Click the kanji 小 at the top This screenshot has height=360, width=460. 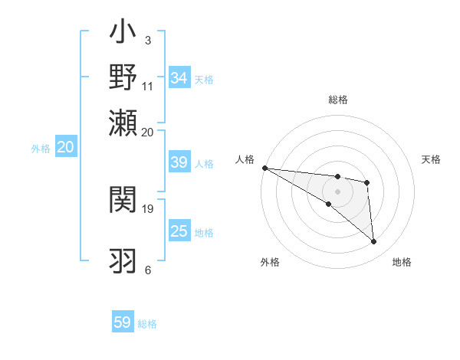[123, 34]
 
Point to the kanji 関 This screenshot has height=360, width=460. [123, 201]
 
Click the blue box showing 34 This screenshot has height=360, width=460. [179, 78]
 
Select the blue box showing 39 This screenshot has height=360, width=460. [179, 162]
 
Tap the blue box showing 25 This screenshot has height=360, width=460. [179, 231]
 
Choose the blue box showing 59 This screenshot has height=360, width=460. [123, 322]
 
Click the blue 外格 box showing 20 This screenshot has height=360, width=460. [65, 148]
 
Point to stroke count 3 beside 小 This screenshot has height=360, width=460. [148, 40]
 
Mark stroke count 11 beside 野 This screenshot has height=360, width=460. [148, 86]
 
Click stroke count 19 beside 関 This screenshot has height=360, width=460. [148, 208]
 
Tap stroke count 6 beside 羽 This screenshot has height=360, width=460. [148, 270]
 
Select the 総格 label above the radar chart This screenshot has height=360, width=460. [337, 100]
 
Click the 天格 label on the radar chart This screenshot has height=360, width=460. [432, 159]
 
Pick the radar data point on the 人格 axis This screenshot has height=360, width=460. [264, 168]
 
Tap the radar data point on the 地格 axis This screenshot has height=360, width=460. [374, 242]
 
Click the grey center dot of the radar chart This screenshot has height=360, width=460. [337, 191]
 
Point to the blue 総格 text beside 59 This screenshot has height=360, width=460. [147, 324]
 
